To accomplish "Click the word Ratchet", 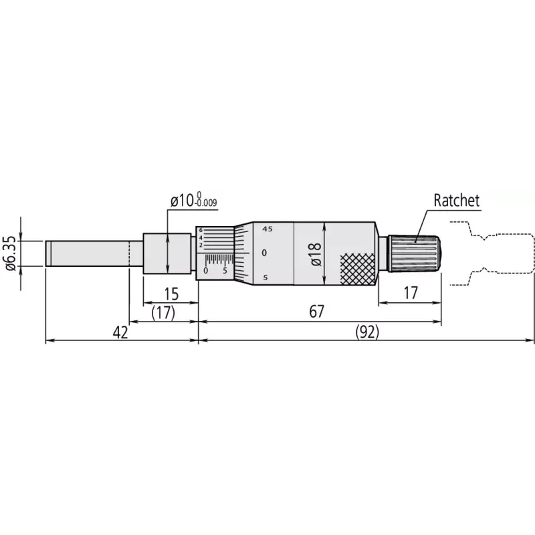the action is point(457,200).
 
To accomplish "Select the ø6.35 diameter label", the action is point(11,253).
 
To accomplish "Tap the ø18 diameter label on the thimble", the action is point(316,254).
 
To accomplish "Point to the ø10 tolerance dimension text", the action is point(194,200).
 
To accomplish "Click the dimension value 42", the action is point(120,332).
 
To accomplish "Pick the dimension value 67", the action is point(316,312).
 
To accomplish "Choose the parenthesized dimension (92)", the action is point(367,332).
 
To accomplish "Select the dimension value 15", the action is point(171,294).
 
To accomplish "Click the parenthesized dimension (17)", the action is point(163,313).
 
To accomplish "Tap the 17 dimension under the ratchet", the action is point(411,293).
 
